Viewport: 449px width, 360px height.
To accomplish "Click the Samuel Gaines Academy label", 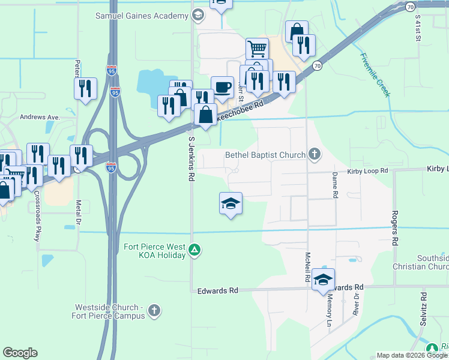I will coord(142,15).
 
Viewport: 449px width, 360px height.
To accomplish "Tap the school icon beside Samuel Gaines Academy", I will coord(198,15).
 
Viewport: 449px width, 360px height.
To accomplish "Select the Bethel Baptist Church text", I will coord(265,155).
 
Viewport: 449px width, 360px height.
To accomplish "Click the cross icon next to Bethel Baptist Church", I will coord(314,155).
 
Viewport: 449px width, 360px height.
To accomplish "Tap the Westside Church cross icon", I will coord(154,311).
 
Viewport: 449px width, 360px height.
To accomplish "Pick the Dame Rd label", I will coord(336,185).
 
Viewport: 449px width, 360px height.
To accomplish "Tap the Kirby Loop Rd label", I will coord(368,171).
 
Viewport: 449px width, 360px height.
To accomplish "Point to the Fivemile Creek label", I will coord(375,75).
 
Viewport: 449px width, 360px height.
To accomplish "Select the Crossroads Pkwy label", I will coord(37,216).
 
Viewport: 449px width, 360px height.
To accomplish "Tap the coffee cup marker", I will coord(222,87).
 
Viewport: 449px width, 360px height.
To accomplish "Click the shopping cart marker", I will coord(256,49).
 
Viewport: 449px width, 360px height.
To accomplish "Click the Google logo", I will coord(20,353).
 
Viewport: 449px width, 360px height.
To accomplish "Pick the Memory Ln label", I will coord(329,309).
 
